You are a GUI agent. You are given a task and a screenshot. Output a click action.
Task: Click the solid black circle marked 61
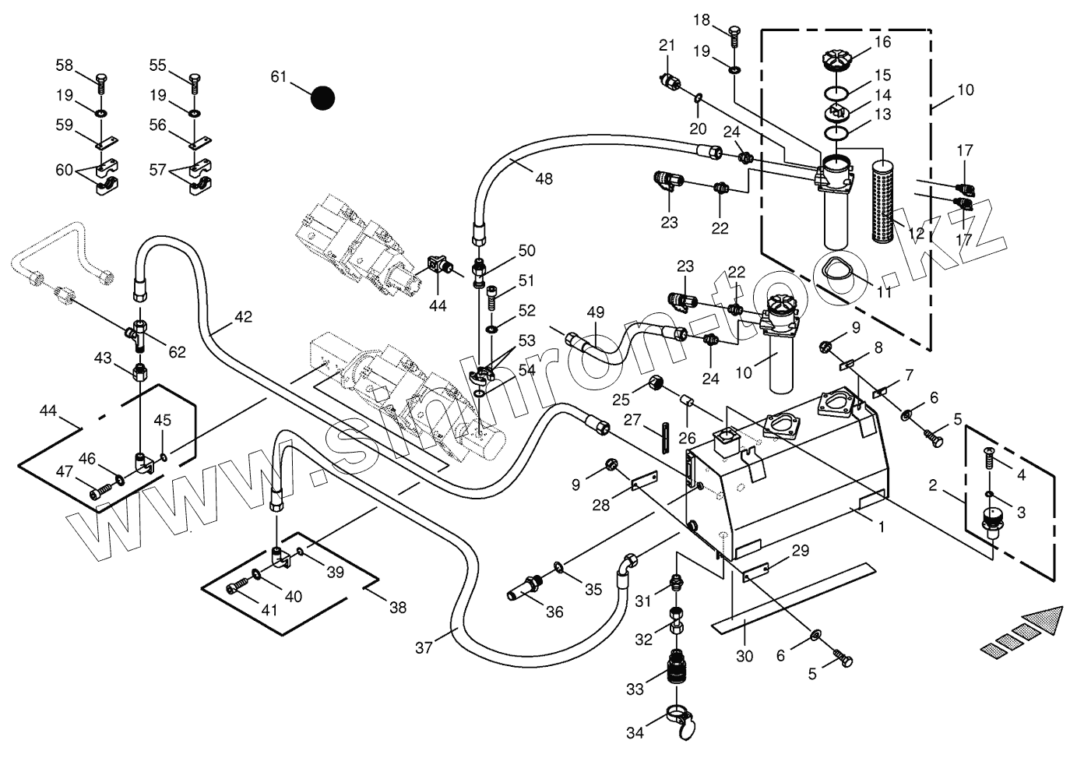(x=322, y=97)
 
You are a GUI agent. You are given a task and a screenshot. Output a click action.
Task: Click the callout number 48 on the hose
(x=544, y=178)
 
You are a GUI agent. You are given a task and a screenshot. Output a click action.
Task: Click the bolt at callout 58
(x=102, y=81)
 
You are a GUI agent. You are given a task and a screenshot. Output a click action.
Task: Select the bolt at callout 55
(x=195, y=81)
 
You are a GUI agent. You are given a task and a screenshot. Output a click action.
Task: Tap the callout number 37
(x=423, y=647)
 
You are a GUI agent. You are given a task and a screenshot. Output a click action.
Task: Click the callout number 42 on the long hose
(x=243, y=317)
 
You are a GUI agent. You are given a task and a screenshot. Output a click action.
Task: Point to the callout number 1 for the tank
(x=882, y=527)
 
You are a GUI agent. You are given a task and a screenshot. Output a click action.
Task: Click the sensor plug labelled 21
(x=670, y=81)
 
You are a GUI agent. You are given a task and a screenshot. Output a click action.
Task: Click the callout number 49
(x=596, y=312)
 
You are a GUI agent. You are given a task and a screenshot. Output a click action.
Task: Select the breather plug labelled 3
(x=992, y=520)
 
